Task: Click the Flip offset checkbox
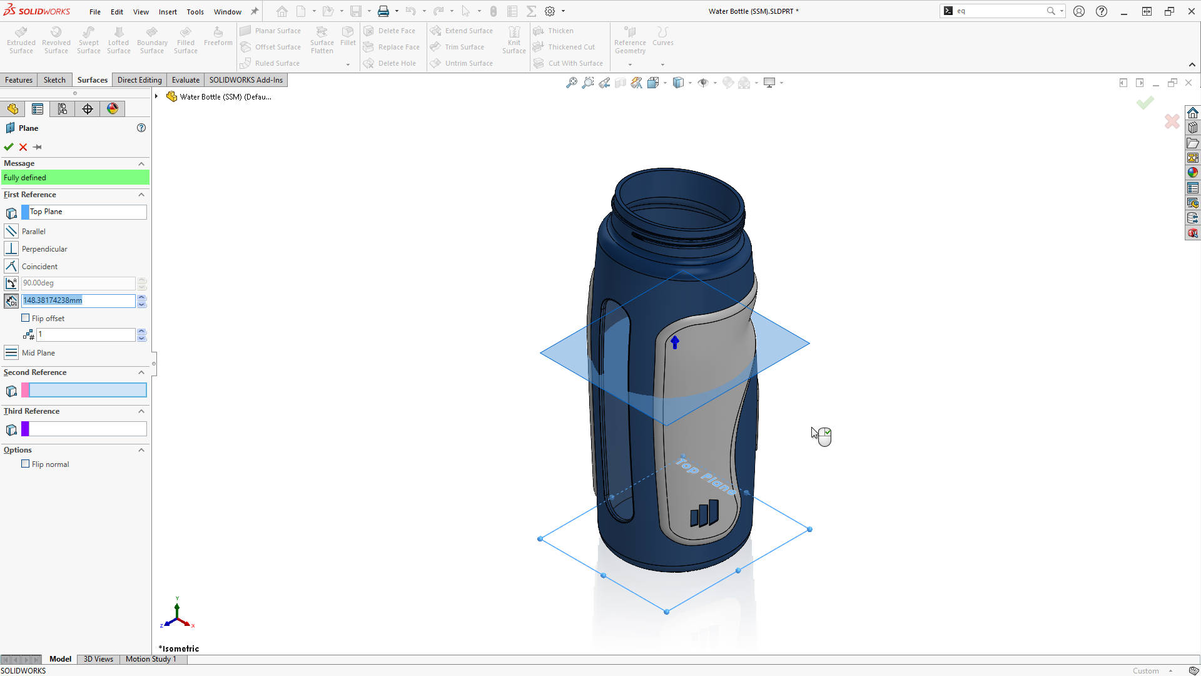click(26, 318)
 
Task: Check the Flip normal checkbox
click(26, 464)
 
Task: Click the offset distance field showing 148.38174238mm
click(78, 300)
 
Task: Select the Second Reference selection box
click(87, 391)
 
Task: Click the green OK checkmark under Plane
click(9, 147)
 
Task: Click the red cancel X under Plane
click(23, 147)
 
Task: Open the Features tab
click(19, 80)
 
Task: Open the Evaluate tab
click(186, 80)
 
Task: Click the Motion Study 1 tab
click(151, 659)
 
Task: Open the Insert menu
click(168, 12)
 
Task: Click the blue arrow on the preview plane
click(675, 342)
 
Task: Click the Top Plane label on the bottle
click(706, 476)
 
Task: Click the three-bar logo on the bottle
click(704, 514)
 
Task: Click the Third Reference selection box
click(87, 429)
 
